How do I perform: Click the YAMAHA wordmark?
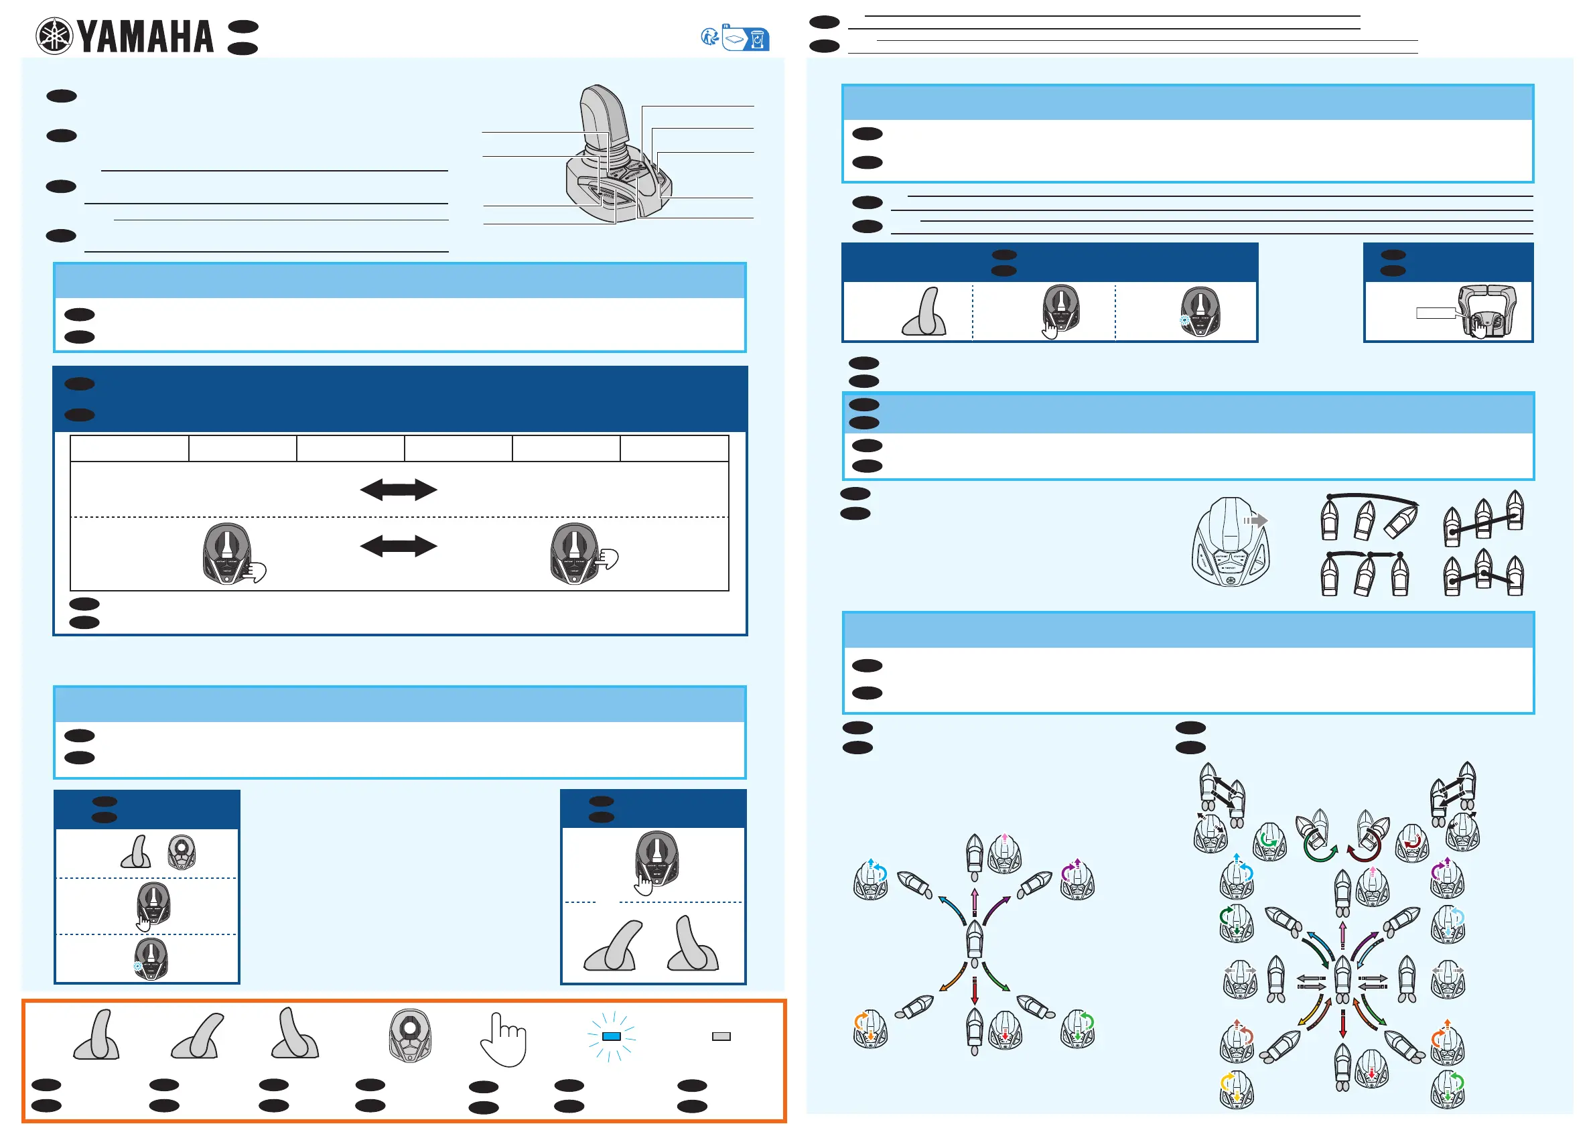[x=145, y=37]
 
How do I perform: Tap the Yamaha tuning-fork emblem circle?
[x=54, y=36]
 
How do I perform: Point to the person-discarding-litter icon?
[x=710, y=37]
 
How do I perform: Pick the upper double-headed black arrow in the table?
[x=398, y=490]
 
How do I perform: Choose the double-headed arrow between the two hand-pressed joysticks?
[x=398, y=545]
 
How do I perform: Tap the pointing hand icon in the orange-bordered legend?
[x=504, y=1039]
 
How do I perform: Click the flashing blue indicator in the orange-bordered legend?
[x=612, y=1036]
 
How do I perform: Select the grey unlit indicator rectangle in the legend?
[x=721, y=1036]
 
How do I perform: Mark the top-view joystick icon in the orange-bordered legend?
[x=410, y=1036]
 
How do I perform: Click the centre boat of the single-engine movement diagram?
[x=975, y=940]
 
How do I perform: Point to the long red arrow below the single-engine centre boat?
[x=975, y=991]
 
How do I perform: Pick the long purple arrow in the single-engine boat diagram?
[x=997, y=910]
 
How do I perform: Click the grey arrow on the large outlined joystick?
[x=1256, y=520]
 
